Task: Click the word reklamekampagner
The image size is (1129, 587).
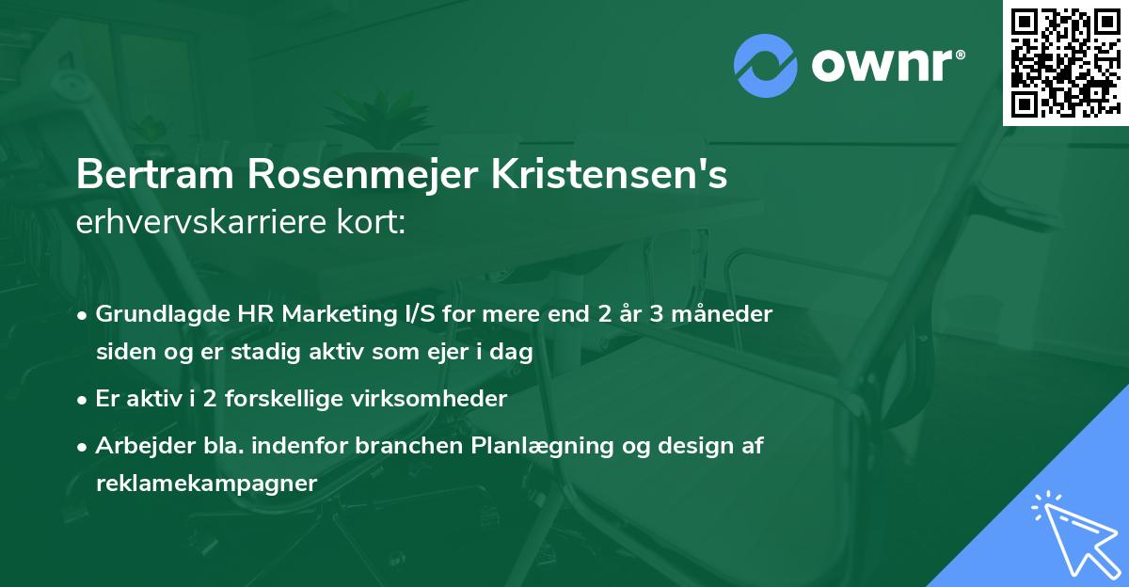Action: pos(207,483)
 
